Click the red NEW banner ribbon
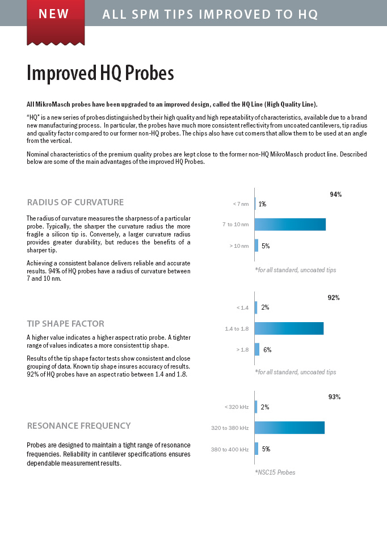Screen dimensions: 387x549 click(x=56, y=22)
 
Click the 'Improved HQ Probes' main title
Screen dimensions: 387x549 click(x=100, y=73)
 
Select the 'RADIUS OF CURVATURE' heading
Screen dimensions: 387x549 click(x=75, y=202)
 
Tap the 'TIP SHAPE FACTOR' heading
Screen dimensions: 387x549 click(x=65, y=323)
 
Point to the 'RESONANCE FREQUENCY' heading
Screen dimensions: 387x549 click(x=79, y=426)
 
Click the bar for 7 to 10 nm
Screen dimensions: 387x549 click(x=290, y=225)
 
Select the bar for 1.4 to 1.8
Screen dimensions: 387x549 click(x=289, y=328)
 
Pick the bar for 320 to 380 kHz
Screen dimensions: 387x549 click(x=289, y=428)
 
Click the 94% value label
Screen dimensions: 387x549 click(x=336, y=195)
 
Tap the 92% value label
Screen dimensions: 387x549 click(x=334, y=298)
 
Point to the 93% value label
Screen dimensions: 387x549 click(x=334, y=396)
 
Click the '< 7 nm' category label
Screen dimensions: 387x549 click(x=241, y=204)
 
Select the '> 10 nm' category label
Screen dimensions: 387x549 click(x=239, y=246)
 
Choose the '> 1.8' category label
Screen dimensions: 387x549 click(x=243, y=349)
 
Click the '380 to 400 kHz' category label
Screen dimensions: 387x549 click(x=230, y=450)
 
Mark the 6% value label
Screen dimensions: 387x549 click(x=268, y=350)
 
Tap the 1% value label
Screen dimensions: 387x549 click(x=262, y=204)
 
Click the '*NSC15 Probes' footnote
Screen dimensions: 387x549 click(x=275, y=472)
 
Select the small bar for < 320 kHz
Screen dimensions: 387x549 click(x=256, y=407)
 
